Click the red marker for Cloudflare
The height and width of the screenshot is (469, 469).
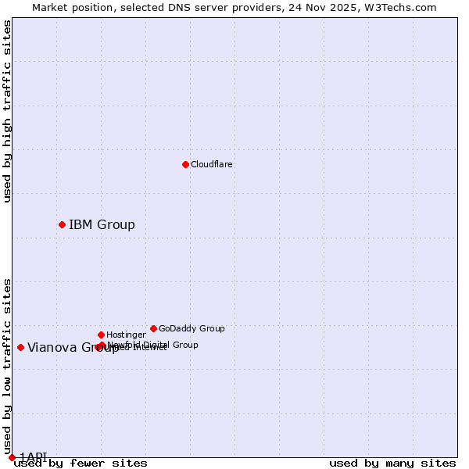pyautogui.click(x=185, y=164)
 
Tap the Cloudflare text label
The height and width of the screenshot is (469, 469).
pyautogui.click(x=212, y=165)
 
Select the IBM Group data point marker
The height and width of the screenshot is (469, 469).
pyautogui.click(x=62, y=224)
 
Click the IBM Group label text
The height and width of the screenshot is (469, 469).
pyautogui.click(x=102, y=225)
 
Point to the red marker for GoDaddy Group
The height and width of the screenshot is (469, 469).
pyautogui.click(x=153, y=328)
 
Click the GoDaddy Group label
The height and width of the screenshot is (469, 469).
pyautogui.click(x=192, y=329)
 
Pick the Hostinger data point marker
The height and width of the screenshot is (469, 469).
pyautogui.click(x=101, y=335)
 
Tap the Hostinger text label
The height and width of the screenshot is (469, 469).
pyautogui.click(x=126, y=335)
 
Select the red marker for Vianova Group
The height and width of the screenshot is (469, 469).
pyautogui.click(x=20, y=347)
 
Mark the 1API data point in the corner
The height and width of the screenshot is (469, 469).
pyautogui.click(x=12, y=457)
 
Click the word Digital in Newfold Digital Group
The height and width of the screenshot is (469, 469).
pyautogui.click(x=157, y=345)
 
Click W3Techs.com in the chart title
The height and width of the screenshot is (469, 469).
pyautogui.click(x=399, y=8)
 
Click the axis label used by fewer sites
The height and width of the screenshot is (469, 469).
pyautogui.click(x=81, y=464)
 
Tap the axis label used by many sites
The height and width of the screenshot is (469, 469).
pyautogui.click(x=392, y=464)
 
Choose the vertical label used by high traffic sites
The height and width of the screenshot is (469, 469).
pyautogui.click(x=8, y=111)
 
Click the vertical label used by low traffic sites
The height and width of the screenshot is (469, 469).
pyautogui.click(x=8, y=367)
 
